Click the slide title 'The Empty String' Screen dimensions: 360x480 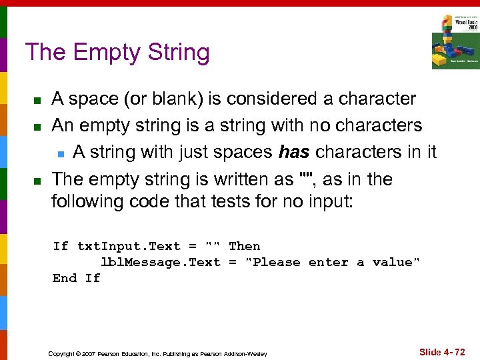117,52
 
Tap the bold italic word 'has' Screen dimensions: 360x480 294,152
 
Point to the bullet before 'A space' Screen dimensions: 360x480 38,101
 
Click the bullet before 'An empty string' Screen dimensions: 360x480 38,127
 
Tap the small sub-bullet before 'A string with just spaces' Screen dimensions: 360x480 60,154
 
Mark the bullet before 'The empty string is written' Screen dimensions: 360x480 38,181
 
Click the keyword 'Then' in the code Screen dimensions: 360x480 244,246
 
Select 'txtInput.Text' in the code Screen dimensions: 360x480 129,246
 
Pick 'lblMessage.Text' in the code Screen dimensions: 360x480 160,262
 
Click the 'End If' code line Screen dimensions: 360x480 77,278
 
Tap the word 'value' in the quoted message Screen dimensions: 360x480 396,262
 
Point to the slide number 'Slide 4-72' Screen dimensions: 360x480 442,351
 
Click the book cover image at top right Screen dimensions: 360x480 455,41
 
